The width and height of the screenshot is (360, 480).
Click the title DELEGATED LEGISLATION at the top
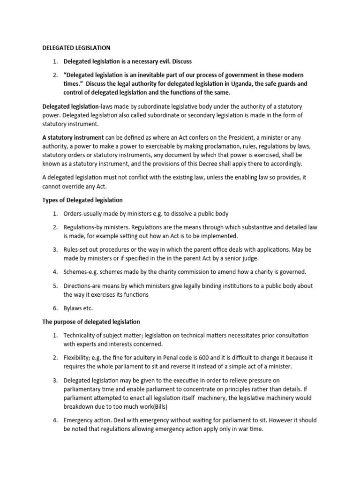coord(76,48)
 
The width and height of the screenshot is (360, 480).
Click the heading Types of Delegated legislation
coord(82,200)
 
